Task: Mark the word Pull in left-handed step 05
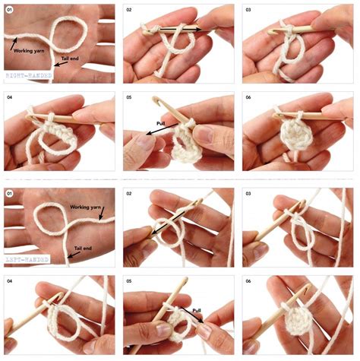(x=196, y=311)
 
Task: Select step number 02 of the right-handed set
(x=129, y=10)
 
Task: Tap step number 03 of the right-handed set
(x=248, y=10)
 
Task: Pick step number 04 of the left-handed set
(x=10, y=281)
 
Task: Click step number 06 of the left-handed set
(x=248, y=281)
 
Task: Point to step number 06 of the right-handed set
(x=248, y=98)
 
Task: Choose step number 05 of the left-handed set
(x=129, y=281)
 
